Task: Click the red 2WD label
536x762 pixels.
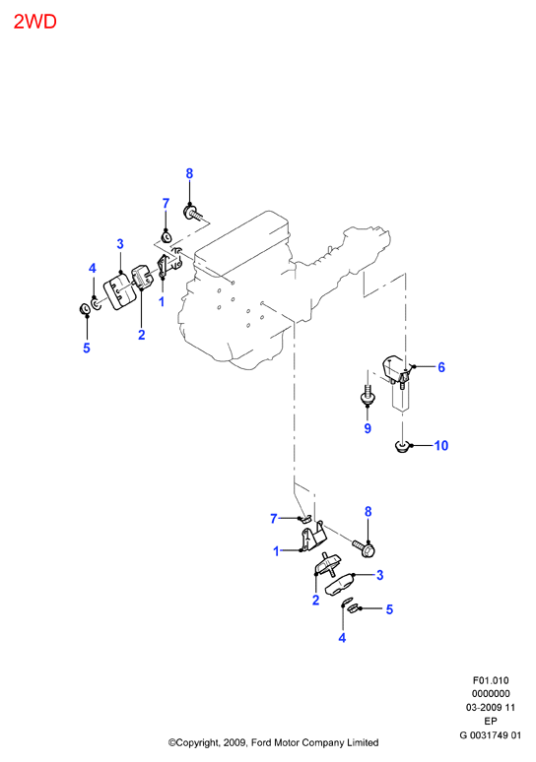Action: click(x=35, y=22)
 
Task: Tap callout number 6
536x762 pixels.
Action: click(x=441, y=367)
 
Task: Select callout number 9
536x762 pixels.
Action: click(x=368, y=428)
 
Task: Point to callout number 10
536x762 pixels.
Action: click(x=440, y=446)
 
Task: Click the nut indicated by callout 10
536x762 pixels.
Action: click(x=402, y=446)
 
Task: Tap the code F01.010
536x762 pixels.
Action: click(x=491, y=680)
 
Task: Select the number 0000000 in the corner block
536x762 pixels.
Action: click(x=491, y=694)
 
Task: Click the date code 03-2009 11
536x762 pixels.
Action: click(x=491, y=708)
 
